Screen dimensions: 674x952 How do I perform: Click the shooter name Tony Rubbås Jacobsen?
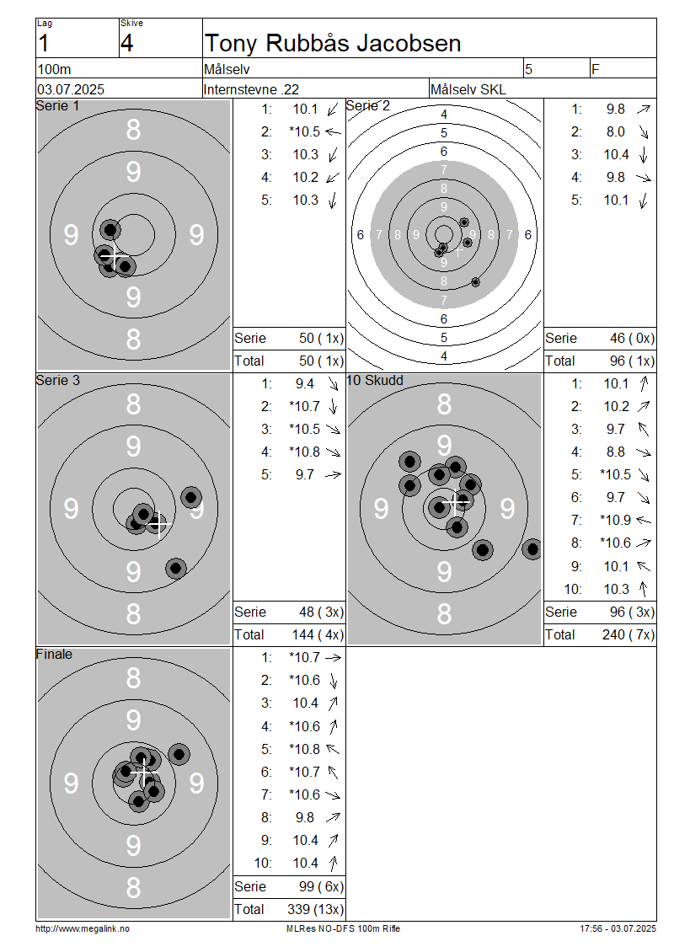[x=333, y=43]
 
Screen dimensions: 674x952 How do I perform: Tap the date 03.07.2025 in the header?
[x=71, y=89]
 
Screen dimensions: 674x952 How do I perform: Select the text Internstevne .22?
[x=251, y=89]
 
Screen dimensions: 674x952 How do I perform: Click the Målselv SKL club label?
[x=468, y=89]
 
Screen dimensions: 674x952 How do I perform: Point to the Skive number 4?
[x=126, y=43]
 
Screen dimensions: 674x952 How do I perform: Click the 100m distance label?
[x=54, y=69]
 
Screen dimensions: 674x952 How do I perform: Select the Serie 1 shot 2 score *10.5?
[x=304, y=131]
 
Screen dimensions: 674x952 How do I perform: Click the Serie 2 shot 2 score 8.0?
[x=616, y=131]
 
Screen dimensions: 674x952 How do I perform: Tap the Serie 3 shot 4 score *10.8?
[x=304, y=452]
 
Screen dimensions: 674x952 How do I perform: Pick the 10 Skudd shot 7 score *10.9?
[x=615, y=520]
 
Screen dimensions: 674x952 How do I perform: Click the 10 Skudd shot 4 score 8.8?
[x=616, y=452]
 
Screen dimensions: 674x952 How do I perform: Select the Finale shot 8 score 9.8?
[x=305, y=817]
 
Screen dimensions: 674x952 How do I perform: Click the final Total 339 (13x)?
[x=315, y=909]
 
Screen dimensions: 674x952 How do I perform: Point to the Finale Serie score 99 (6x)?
[x=321, y=886]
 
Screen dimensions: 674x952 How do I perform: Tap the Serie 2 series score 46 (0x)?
[x=632, y=338]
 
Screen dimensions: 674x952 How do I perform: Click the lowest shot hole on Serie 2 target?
[x=475, y=282]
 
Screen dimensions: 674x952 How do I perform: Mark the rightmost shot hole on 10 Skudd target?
[x=532, y=549]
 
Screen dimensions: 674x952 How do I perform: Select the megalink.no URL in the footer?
[x=83, y=928]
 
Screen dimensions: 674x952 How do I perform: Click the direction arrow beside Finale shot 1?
[x=334, y=657]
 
